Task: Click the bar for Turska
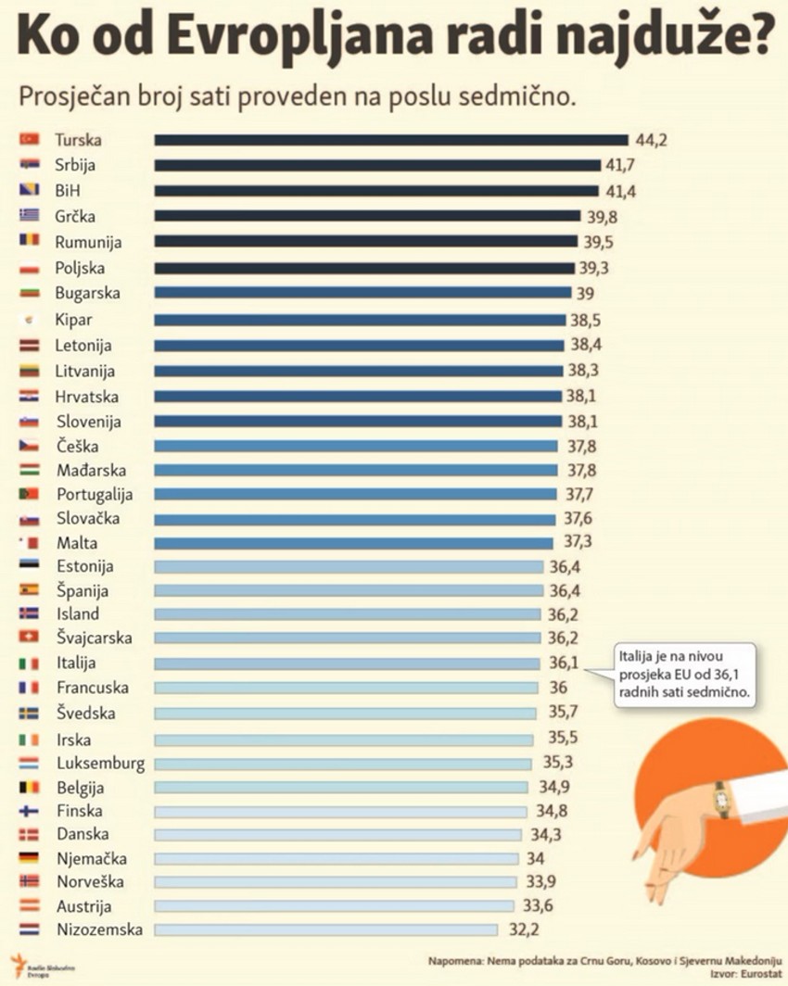coord(390,140)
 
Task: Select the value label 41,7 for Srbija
coord(622,165)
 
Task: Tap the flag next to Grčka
coord(29,216)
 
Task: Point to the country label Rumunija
coord(88,242)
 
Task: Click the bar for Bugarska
coord(362,293)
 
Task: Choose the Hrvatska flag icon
coord(29,397)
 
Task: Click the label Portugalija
coord(95,494)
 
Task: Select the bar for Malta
coord(353,543)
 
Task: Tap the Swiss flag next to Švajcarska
coord(29,638)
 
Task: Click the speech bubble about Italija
coord(685,676)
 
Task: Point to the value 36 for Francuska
coord(559,688)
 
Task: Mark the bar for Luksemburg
coord(343,765)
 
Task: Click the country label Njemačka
coord(92,858)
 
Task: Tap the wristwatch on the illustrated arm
coord(720,799)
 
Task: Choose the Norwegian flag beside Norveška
coord(29,881)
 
